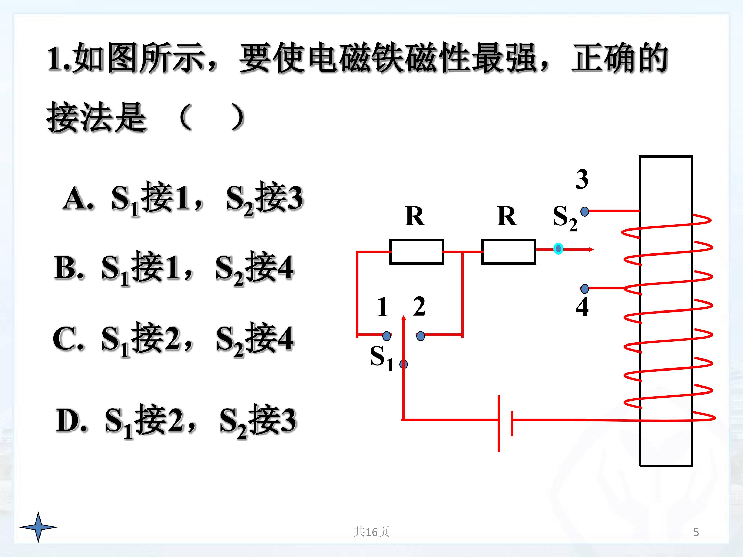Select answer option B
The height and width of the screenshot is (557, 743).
point(174,269)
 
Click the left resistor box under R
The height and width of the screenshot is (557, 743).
point(416,252)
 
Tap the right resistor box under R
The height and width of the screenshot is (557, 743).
point(508,252)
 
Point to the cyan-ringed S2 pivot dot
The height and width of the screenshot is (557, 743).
point(558,249)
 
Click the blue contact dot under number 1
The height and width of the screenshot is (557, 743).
point(387,336)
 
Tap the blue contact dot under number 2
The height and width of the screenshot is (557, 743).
point(421,336)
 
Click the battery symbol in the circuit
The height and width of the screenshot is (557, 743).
point(505,423)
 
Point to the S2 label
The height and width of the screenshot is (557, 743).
point(565,218)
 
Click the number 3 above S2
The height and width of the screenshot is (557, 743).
point(582,179)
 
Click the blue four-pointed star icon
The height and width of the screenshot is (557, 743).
point(38,527)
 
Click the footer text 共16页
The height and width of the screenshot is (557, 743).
point(371,532)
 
